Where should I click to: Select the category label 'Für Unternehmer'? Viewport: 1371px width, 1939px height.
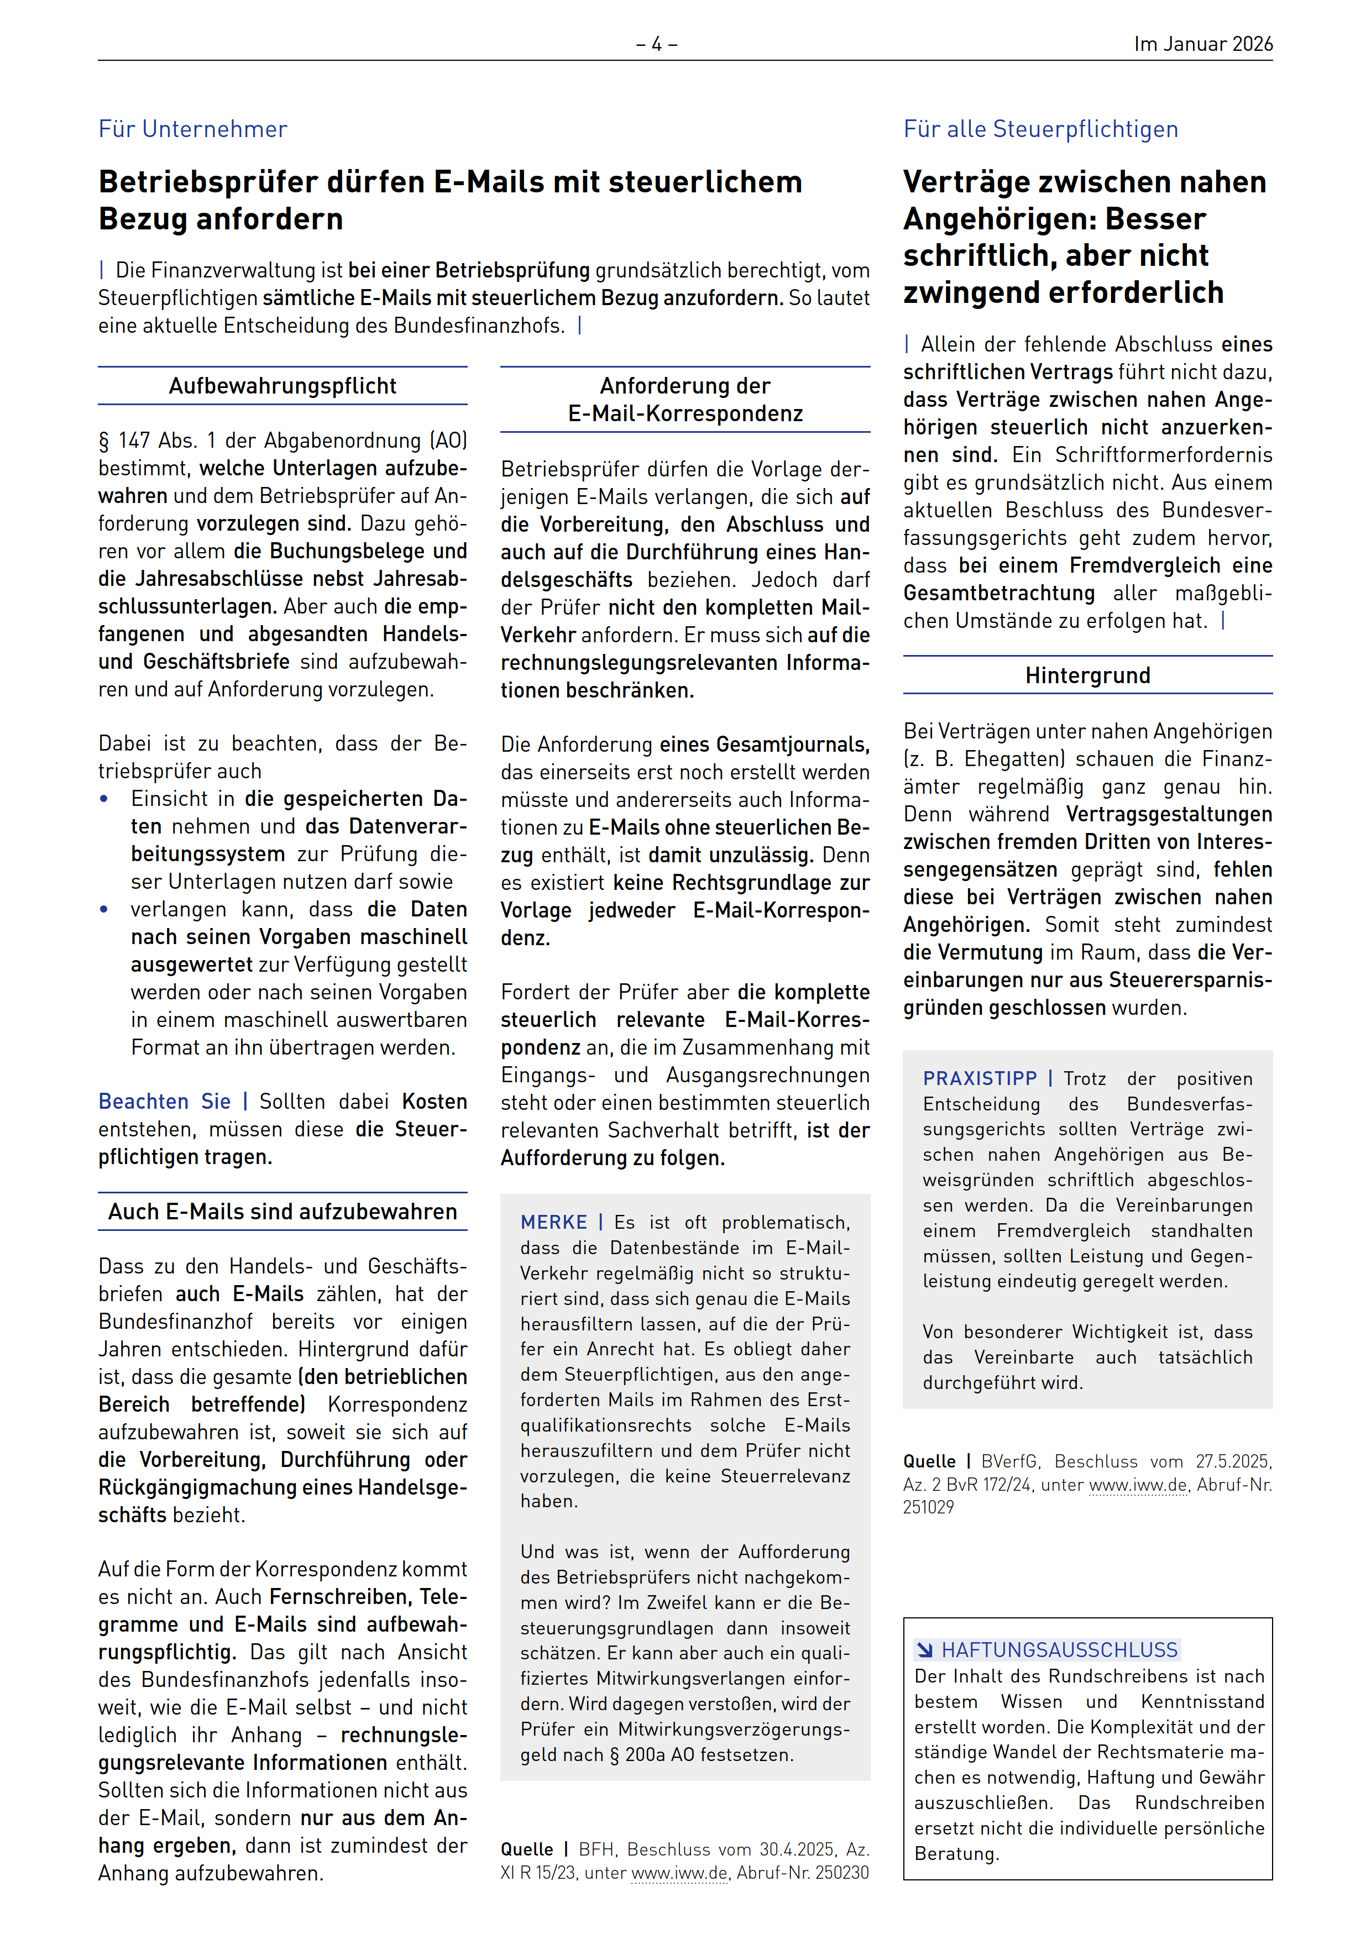[192, 129]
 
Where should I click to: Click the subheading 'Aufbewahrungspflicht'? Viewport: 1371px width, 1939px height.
[282, 386]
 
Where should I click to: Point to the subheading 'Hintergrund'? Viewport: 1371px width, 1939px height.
[1087, 675]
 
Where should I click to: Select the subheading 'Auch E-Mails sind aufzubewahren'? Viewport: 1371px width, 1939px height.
[282, 1212]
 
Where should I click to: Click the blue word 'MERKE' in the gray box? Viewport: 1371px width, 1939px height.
[553, 1222]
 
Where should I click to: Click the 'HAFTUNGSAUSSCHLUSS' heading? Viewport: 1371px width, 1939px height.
[1059, 1649]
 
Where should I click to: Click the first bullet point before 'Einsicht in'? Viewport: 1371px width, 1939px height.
[104, 799]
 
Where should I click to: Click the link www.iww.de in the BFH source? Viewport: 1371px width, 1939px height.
[679, 1873]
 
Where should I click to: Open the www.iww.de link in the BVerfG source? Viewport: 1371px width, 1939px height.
[1138, 1485]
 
